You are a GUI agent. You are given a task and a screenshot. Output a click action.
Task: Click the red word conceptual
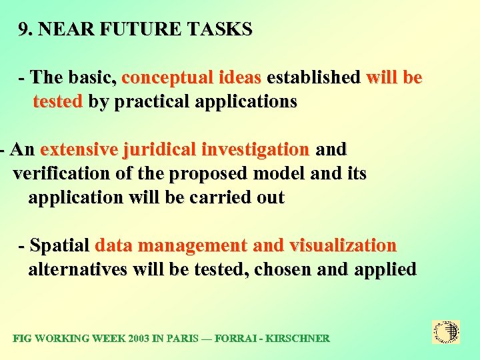(x=168, y=78)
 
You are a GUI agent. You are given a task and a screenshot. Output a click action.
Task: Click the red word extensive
(x=79, y=149)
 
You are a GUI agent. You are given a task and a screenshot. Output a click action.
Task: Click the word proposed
(x=208, y=174)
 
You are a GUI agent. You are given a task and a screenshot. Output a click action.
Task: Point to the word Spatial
(x=59, y=246)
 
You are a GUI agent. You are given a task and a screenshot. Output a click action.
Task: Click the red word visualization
(x=343, y=246)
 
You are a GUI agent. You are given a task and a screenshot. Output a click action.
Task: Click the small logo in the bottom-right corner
(x=446, y=331)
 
